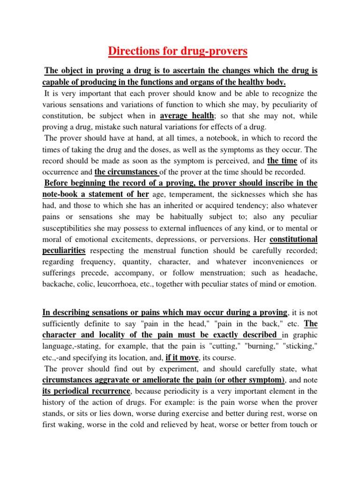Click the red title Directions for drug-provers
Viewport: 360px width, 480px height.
178,51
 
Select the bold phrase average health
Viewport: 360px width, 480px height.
187,116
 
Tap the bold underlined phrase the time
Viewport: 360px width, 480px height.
282,161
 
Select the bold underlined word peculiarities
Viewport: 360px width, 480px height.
64,251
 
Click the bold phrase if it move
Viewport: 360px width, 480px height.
182,358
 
